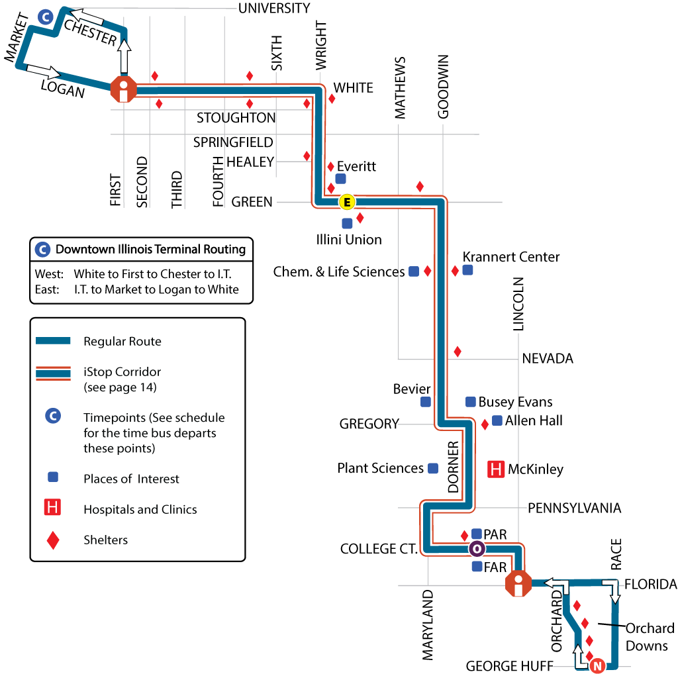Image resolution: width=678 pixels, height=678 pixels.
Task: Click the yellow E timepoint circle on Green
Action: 346,201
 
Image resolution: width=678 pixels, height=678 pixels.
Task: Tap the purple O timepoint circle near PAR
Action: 477,549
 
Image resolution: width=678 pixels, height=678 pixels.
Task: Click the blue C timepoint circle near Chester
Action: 45,17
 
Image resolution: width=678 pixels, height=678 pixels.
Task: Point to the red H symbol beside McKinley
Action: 496,469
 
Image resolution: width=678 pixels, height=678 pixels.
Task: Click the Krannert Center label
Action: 511,257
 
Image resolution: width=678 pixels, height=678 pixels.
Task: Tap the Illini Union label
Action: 350,239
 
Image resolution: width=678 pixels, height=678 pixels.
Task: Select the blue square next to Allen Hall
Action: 497,420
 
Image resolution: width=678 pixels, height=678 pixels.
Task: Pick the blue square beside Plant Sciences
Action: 433,468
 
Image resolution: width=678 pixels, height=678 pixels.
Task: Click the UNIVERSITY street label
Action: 274,8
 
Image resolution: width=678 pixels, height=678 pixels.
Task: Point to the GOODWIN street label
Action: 444,87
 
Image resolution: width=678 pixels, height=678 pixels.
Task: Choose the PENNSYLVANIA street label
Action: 574,508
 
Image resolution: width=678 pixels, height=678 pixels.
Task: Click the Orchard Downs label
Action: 650,636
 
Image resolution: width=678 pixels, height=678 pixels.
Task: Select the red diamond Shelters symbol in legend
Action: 53,540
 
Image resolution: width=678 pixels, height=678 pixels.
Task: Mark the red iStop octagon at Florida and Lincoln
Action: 518,584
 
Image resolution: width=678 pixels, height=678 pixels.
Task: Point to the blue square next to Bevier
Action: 426,402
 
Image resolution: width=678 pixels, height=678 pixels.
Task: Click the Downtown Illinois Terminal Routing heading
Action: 150,250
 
